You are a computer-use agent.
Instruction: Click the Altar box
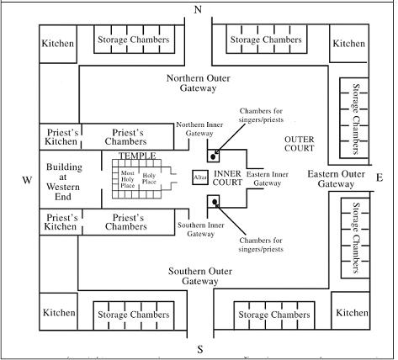coord(200,177)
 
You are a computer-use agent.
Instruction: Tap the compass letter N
coord(198,10)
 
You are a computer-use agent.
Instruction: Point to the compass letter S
coord(200,349)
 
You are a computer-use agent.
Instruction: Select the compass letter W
coord(27,180)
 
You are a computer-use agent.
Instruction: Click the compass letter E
coord(379,177)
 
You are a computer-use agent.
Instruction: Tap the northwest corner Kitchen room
coord(58,44)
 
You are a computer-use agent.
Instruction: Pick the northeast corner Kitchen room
coord(349,44)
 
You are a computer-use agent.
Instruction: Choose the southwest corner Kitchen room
coord(58,311)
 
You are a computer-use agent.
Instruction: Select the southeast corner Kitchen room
coord(351,310)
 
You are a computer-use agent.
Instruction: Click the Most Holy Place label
coord(128,179)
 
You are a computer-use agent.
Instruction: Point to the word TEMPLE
coord(137,156)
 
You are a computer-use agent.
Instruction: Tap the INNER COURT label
coord(227,178)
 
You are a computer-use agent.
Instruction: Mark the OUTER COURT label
coord(300,144)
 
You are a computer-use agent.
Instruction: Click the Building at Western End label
coord(63,182)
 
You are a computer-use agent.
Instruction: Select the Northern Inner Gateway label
coord(199,129)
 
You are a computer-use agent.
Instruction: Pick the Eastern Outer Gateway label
coord(336,179)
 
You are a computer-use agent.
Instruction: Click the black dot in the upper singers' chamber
coord(213,157)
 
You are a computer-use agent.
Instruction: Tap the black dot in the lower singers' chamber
coord(215,202)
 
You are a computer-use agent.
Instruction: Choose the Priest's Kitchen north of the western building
coord(61,137)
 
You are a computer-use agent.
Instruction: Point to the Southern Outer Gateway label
coord(200,276)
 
